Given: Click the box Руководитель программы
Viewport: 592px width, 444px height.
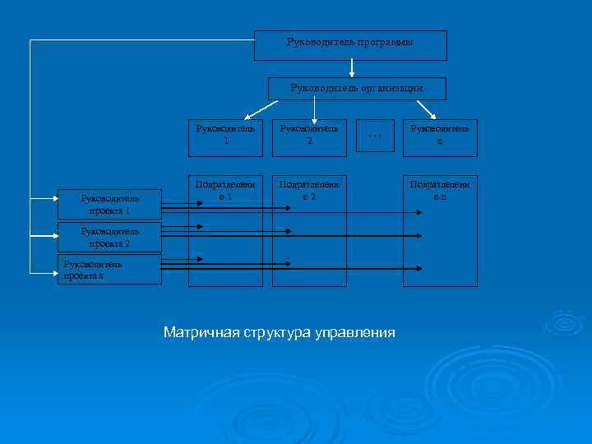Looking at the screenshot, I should tap(350, 45).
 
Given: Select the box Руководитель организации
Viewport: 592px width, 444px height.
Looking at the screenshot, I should tap(357, 89).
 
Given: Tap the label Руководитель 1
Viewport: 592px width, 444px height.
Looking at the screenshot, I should tap(225, 135).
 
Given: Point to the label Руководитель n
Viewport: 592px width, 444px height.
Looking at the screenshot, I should tap(440, 135).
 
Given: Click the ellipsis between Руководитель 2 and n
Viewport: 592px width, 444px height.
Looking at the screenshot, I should tap(375, 134).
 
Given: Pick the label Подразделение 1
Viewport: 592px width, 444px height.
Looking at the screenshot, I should tap(225, 191).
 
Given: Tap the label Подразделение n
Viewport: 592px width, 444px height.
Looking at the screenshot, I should tap(440, 191).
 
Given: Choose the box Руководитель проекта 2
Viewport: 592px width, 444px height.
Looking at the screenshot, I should tap(109, 238).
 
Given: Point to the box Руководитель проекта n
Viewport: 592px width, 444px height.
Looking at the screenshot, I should tap(109, 270).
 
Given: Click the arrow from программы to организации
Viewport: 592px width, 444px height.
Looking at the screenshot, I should tap(352, 68).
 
